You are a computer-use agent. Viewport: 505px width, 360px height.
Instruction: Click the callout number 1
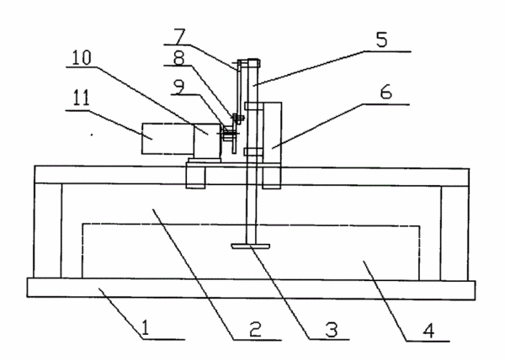point(146,328)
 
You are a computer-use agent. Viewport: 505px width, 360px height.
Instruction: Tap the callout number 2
point(255,330)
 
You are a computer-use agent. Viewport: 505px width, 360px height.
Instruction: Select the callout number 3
point(331,330)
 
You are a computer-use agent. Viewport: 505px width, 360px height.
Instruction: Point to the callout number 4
point(428,331)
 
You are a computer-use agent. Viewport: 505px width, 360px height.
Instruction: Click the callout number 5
point(381,40)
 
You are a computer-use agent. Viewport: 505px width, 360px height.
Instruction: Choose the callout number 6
point(385,92)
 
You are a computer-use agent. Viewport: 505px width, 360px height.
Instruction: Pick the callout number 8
point(178,58)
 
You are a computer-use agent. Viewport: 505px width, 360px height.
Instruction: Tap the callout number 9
point(178,87)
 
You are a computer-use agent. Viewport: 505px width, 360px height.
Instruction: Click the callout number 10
point(82,58)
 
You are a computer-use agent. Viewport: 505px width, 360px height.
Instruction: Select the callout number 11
point(81,98)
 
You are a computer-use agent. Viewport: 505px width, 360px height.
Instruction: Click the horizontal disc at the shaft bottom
point(250,246)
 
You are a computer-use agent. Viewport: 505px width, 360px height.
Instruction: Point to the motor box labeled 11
point(167,138)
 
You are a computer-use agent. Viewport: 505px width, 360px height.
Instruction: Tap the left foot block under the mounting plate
point(196,177)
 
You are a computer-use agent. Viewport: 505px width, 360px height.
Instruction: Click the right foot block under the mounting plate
point(272,177)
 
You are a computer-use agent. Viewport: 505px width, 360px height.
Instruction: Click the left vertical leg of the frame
point(48,230)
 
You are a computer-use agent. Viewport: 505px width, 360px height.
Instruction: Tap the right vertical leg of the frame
point(454,233)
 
